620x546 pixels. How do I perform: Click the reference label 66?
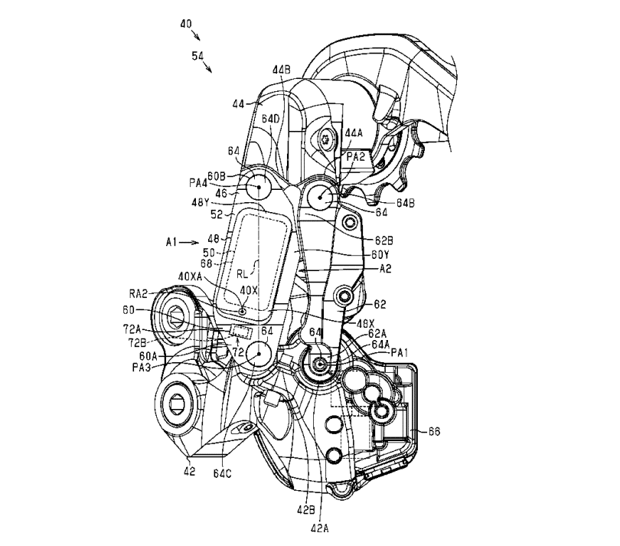pyautogui.click(x=434, y=433)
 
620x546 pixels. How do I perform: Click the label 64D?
pyautogui.click(x=270, y=119)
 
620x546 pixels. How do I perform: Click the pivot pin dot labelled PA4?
pyautogui.click(x=255, y=185)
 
